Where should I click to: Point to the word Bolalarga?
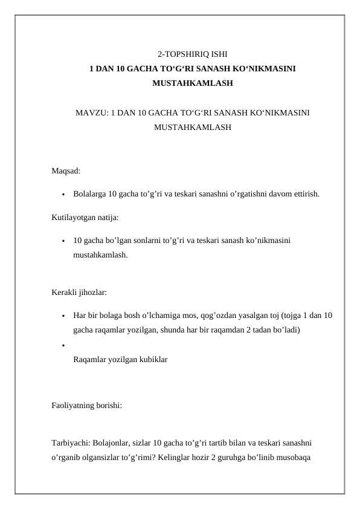(89, 194)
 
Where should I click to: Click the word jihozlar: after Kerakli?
(92, 293)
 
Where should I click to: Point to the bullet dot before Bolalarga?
(62, 195)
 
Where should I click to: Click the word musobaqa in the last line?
(291, 457)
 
